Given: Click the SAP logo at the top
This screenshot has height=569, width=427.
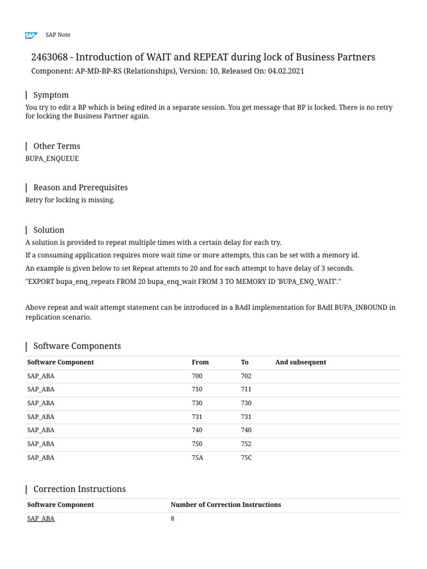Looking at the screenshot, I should pyautogui.click(x=31, y=35).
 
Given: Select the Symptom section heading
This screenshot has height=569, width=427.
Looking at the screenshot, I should pyautogui.click(x=51, y=95).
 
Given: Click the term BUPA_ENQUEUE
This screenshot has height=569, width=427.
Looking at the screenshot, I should pyautogui.click(x=52, y=158).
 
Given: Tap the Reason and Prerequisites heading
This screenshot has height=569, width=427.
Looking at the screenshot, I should pyautogui.click(x=80, y=187).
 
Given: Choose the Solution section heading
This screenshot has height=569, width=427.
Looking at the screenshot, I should pyautogui.click(x=48, y=229).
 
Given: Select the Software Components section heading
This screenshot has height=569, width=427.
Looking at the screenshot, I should pyautogui.click(x=77, y=346).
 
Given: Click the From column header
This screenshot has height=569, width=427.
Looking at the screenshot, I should pyautogui.click(x=200, y=362).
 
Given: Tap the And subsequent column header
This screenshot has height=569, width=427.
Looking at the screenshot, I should pyautogui.click(x=300, y=362).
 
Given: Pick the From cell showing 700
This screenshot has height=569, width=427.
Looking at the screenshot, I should pyautogui.click(x=197, y=376).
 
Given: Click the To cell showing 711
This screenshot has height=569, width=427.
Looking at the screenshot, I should pyautogui.click(x=246, y=390).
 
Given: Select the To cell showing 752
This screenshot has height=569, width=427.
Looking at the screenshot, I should pyautogui.click(x=246, y=444).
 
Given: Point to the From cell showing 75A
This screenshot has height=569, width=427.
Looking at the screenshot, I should pyautogui.click(x=197, y=458).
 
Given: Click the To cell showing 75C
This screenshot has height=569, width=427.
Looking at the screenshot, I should pyautogui.click(x=246, y=458).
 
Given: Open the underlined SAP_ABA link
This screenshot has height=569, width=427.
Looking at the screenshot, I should pyautogui.click(x=41, y=518).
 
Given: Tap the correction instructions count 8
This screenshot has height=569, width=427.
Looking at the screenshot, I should pyautogui.click(x=172, y=518).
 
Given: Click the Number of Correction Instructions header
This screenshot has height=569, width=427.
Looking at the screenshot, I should pyautogui.click(x=225, y=505).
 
